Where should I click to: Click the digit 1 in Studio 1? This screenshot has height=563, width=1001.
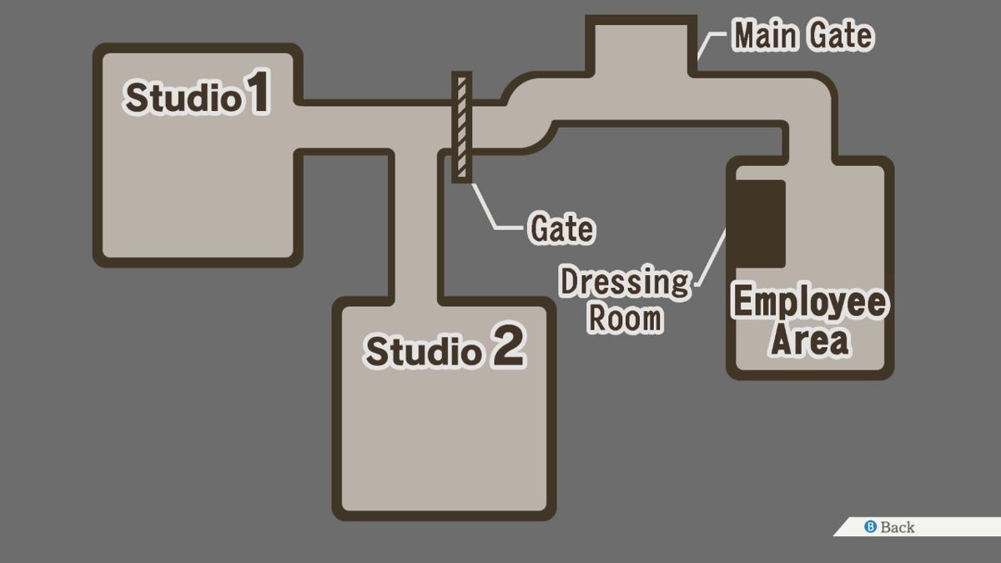coord(259,92)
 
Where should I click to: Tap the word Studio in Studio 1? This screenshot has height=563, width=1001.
coord(183,98)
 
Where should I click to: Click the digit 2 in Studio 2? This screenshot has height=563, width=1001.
coord(510,345)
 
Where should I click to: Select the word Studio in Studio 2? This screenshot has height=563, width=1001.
coord(424,351)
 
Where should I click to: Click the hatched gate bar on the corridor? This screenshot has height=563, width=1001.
coord(461,127)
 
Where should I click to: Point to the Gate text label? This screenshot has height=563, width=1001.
coord(562,229)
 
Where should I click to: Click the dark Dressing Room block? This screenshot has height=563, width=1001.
coord(760,224)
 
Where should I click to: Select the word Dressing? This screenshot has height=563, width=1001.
coord(625,283)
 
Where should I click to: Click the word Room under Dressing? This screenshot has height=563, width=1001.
coord(625,318)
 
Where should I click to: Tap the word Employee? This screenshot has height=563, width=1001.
coord(810,302)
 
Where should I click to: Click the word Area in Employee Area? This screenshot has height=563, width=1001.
coord(810,340)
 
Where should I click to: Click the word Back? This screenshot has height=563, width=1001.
coord(898,527)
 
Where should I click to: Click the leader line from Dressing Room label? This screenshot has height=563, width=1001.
coord(712,259)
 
